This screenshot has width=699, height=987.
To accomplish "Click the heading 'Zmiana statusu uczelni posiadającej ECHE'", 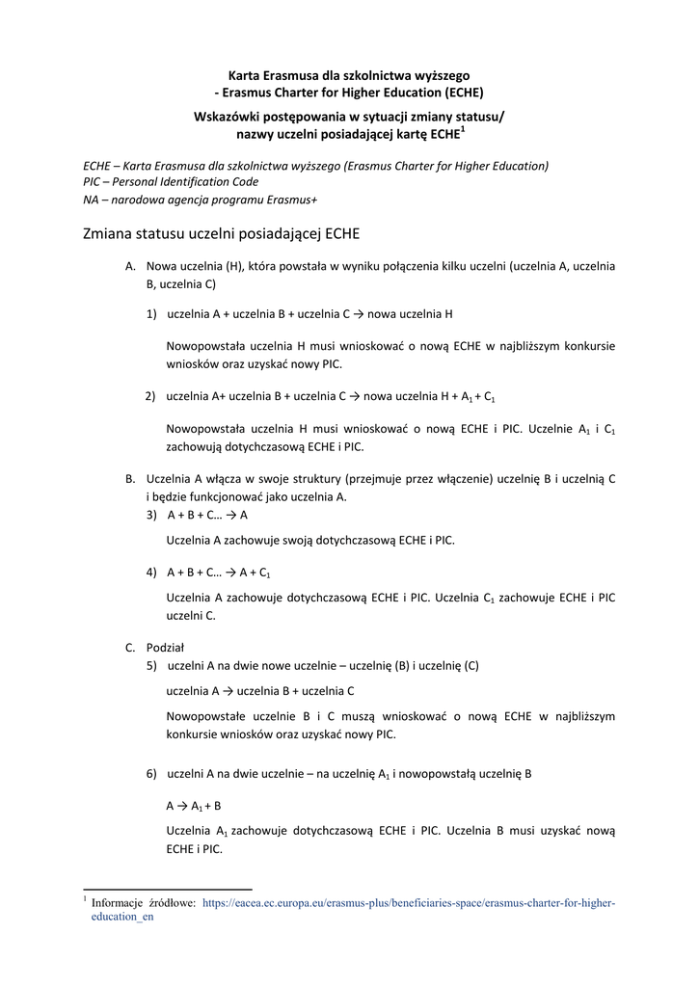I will pyautogui.click(x=221, y=233).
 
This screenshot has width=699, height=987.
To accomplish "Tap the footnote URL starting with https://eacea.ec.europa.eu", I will pyautogui.click(x=408, y=903).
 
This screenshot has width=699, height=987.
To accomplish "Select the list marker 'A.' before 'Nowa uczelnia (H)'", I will pyautogui.click(x=131, y=266).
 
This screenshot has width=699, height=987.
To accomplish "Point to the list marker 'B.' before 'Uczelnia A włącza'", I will pyautogui.click(x=131, y=479).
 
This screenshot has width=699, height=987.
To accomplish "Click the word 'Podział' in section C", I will pyautogui.click(x=165, y=648).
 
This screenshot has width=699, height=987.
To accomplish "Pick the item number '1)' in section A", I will pyautogui.click(x=152, y=314).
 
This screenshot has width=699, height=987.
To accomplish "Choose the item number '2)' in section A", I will pyautogui.click(x=151, y=396).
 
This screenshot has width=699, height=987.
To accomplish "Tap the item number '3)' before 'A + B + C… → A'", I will pyautogui.click(x=152, y=515).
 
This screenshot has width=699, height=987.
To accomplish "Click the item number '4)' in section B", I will pyautogui.click(x=152, y=572).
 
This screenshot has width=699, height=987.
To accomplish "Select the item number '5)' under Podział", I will pyautogui.click(x=152, y=665).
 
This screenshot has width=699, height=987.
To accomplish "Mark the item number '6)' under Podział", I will pyautogui.click(x=152, y=774).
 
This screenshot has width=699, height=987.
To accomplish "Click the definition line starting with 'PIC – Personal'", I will pyautogui.click(x=171, y=181).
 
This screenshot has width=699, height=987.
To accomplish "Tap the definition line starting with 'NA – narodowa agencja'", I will pyautogui.click(x=201, y=199).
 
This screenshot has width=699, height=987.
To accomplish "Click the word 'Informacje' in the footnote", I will pyautogui.click(x=118, y=903).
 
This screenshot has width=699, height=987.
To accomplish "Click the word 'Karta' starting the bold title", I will pyautogui.click(x=242, y=75).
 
